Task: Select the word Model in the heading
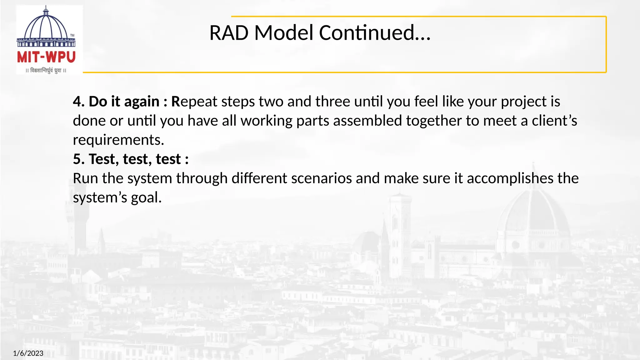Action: tap(284, 33)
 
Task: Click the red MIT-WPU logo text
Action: tap(46, 57)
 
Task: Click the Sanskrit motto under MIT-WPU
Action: tap(46, 71)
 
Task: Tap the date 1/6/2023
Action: tap(28, 353)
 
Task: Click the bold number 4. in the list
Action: tap(79, 102)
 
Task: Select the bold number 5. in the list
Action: tap(79, 159)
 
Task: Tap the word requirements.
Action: tap(118, 140)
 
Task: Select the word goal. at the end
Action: tap(146, 197)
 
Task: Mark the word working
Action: tap(266, 121)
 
